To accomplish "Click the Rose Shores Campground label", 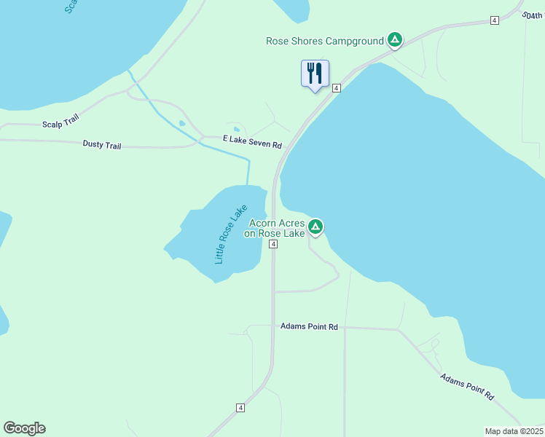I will (x=324, y=41).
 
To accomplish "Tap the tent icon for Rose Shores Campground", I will (x=394, y=39).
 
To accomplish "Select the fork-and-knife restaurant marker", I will (x=315, y=74).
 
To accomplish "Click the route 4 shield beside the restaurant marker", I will (x=337, y=88).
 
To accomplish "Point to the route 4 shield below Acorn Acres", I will (x=272, y=245).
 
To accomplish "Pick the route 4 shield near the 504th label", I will (x=494, y=20).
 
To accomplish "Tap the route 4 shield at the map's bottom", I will (x=240, y=408).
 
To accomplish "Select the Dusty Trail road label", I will (x=102, y=146).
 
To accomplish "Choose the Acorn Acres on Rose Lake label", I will (x=276, y=228).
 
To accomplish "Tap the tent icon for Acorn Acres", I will (x=315, y=227).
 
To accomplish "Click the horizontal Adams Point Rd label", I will (x=309, y=327).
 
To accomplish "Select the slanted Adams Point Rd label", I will (x=467, y=387).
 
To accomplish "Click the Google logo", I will (x=24, y=428).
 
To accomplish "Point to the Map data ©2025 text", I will (x=514, y=431).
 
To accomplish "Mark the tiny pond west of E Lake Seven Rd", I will (x=181, y=123).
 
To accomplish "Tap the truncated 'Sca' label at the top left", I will (x=70, y=6).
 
